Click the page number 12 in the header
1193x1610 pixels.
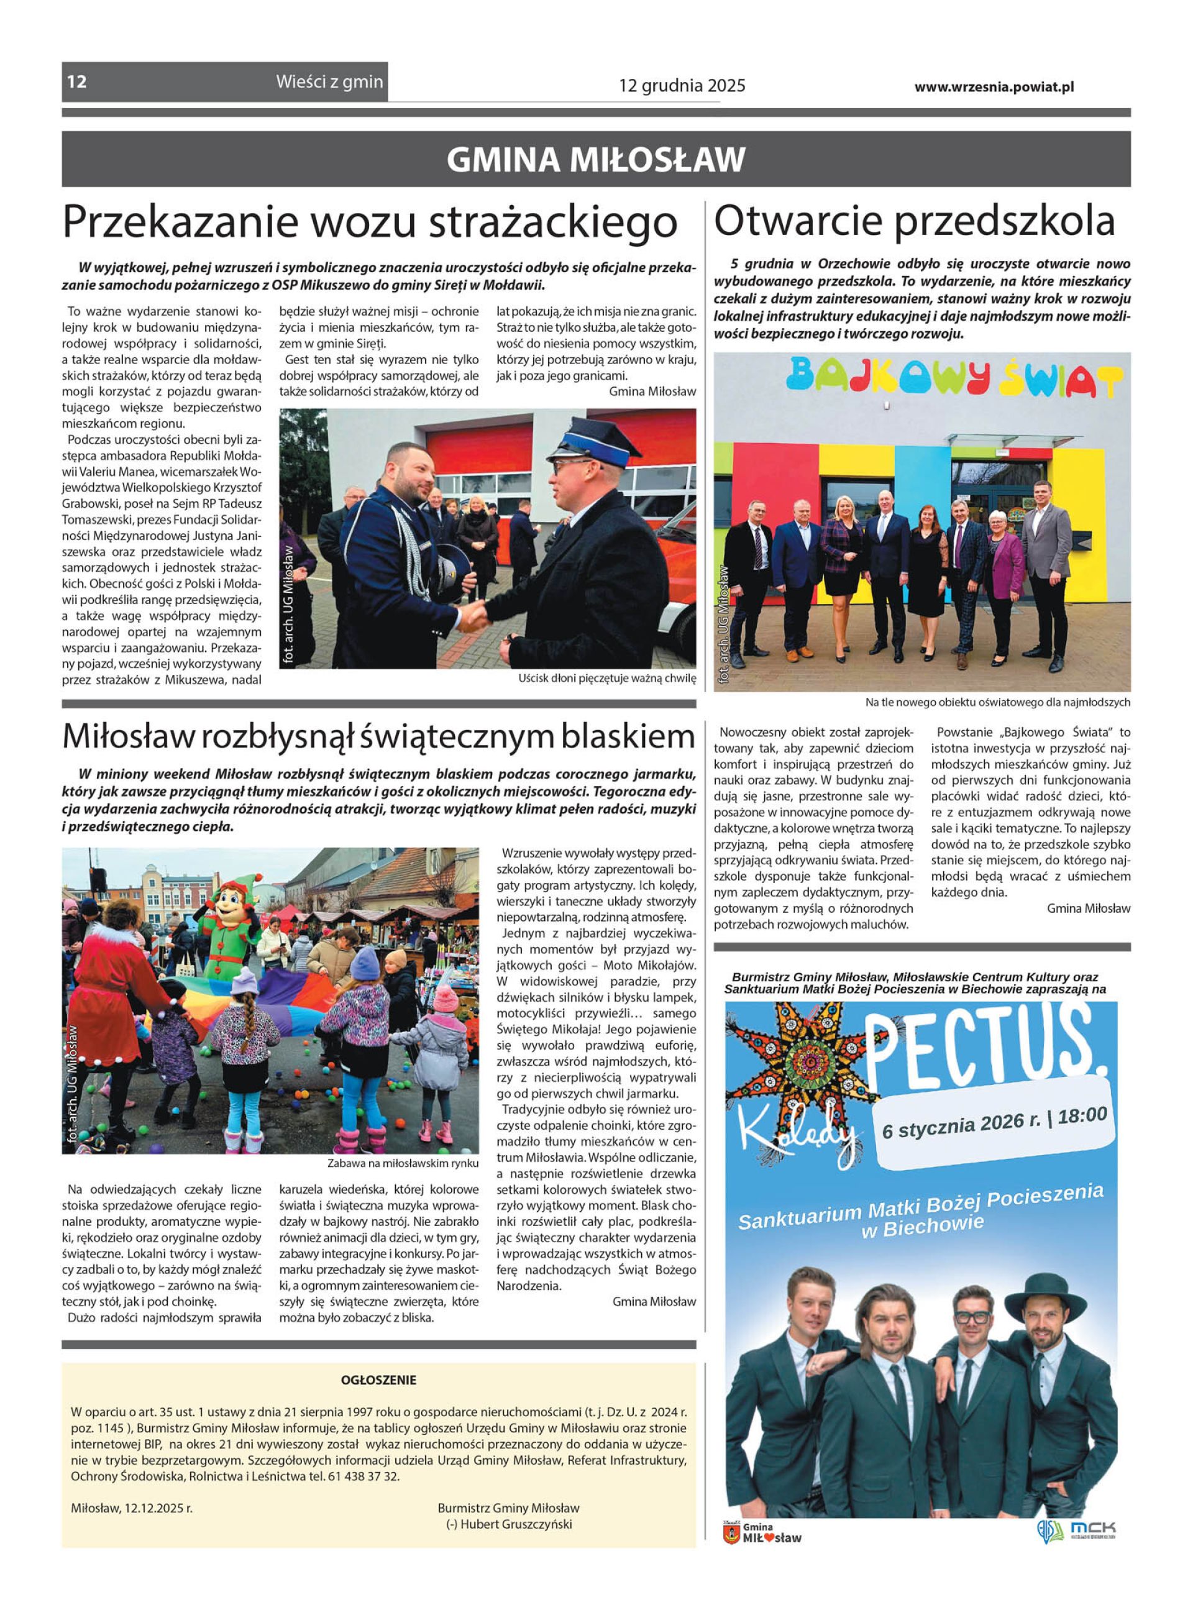pyautogui.click(x=77, y=81)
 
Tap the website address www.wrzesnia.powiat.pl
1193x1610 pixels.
pyautogui.click(x=994, y=86)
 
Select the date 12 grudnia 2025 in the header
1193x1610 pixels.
pyautogui.click(x=682, y=86)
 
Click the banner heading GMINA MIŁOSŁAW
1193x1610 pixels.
pyautogui.click(x=596, y=160)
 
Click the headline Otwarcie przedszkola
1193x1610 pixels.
pyautogui.click(x=914, y=221)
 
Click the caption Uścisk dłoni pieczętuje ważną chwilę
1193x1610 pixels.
pyautogui.click(x=606, y=679)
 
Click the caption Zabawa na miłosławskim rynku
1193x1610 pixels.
pyautogui.click(x=402, y=1163)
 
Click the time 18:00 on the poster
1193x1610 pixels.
pyautogui.click(x=1082, y=1116)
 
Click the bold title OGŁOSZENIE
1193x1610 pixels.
pyautogui.click(x=378, y=1379)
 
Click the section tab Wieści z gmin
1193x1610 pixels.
pyautogui.click(x=329, y=81)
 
